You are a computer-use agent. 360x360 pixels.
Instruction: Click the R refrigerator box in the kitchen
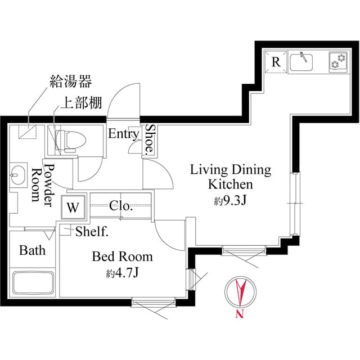[276, 62]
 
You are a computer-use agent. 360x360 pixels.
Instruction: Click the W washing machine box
[73, 206]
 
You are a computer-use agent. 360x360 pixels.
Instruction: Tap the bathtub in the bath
[33, 284]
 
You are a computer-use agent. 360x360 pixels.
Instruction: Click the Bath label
[32, 250]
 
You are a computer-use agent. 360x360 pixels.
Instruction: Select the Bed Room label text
[122, 257]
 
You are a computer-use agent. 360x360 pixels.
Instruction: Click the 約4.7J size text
[122, 274]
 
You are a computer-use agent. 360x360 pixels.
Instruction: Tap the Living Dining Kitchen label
[231, 177]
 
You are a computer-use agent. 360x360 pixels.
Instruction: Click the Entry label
[123, 134]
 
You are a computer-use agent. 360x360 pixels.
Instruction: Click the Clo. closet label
[121, 206]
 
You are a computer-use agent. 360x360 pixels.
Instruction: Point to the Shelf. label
[92, 231]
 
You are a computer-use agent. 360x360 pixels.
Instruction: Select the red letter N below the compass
[240, 314]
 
